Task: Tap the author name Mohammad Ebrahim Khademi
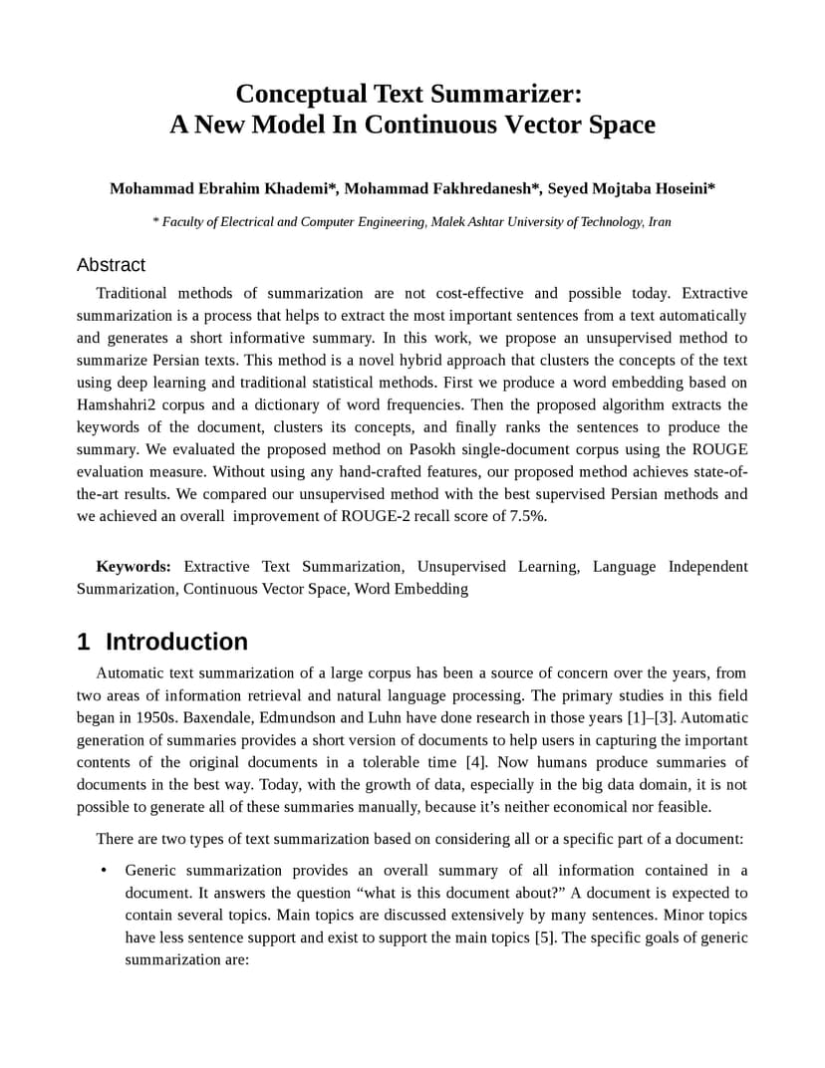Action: pyautogui.click(x=224, y=188)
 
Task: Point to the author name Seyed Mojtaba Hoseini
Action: pyautogui.click(x=631, y=188)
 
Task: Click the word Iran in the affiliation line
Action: pyautogui.click(x=660, y=221)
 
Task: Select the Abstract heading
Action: pyautogui.click(x=111, y=265)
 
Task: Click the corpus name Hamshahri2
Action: pyautogui.click(x=116, y=404)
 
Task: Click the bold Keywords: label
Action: pyautogui.click(x=134, y=566)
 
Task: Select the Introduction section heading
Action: pyautogui.click(x=176, y=642)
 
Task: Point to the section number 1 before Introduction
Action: pyautogui.click(x=84, y=642)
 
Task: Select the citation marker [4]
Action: pyautogui.click(x=476, y=762)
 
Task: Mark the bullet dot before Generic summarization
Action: pyautogui.click(x=104, y=871)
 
